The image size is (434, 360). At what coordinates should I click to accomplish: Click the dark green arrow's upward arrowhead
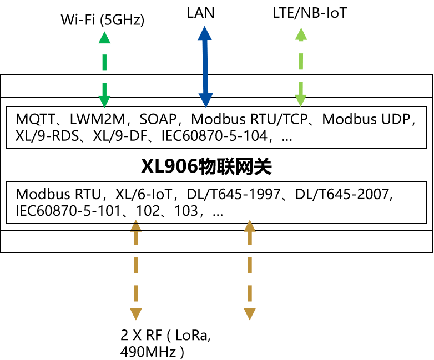104,38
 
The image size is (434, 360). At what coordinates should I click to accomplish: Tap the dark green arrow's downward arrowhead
104,101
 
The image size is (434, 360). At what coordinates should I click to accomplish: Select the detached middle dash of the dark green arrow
104,63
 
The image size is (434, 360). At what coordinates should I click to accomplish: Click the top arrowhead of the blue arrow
205,34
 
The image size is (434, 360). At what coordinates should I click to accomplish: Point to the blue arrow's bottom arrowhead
206,100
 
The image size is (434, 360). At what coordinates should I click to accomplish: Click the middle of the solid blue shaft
205,67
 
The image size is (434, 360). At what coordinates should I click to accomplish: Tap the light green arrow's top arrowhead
301,34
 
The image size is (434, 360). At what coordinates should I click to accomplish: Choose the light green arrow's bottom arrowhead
301,100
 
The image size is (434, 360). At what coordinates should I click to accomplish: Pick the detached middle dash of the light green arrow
301,62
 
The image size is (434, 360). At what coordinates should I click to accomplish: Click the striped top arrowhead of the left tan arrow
136,225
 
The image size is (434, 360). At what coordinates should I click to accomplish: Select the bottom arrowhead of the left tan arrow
136,313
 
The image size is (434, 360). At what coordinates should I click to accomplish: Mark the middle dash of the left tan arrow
136,265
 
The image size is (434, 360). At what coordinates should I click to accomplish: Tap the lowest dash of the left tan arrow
136,293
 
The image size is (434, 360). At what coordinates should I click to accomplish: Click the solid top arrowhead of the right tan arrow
250,226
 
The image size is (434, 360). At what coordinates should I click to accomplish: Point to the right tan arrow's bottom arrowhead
250,313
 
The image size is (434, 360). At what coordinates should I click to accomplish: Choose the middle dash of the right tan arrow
250,265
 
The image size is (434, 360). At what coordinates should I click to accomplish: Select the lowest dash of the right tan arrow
250,293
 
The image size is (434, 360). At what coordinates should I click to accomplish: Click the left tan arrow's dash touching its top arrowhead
136,238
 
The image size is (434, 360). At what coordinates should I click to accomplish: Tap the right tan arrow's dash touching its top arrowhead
250,238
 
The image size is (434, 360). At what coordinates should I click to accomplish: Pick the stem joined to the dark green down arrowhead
104,89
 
